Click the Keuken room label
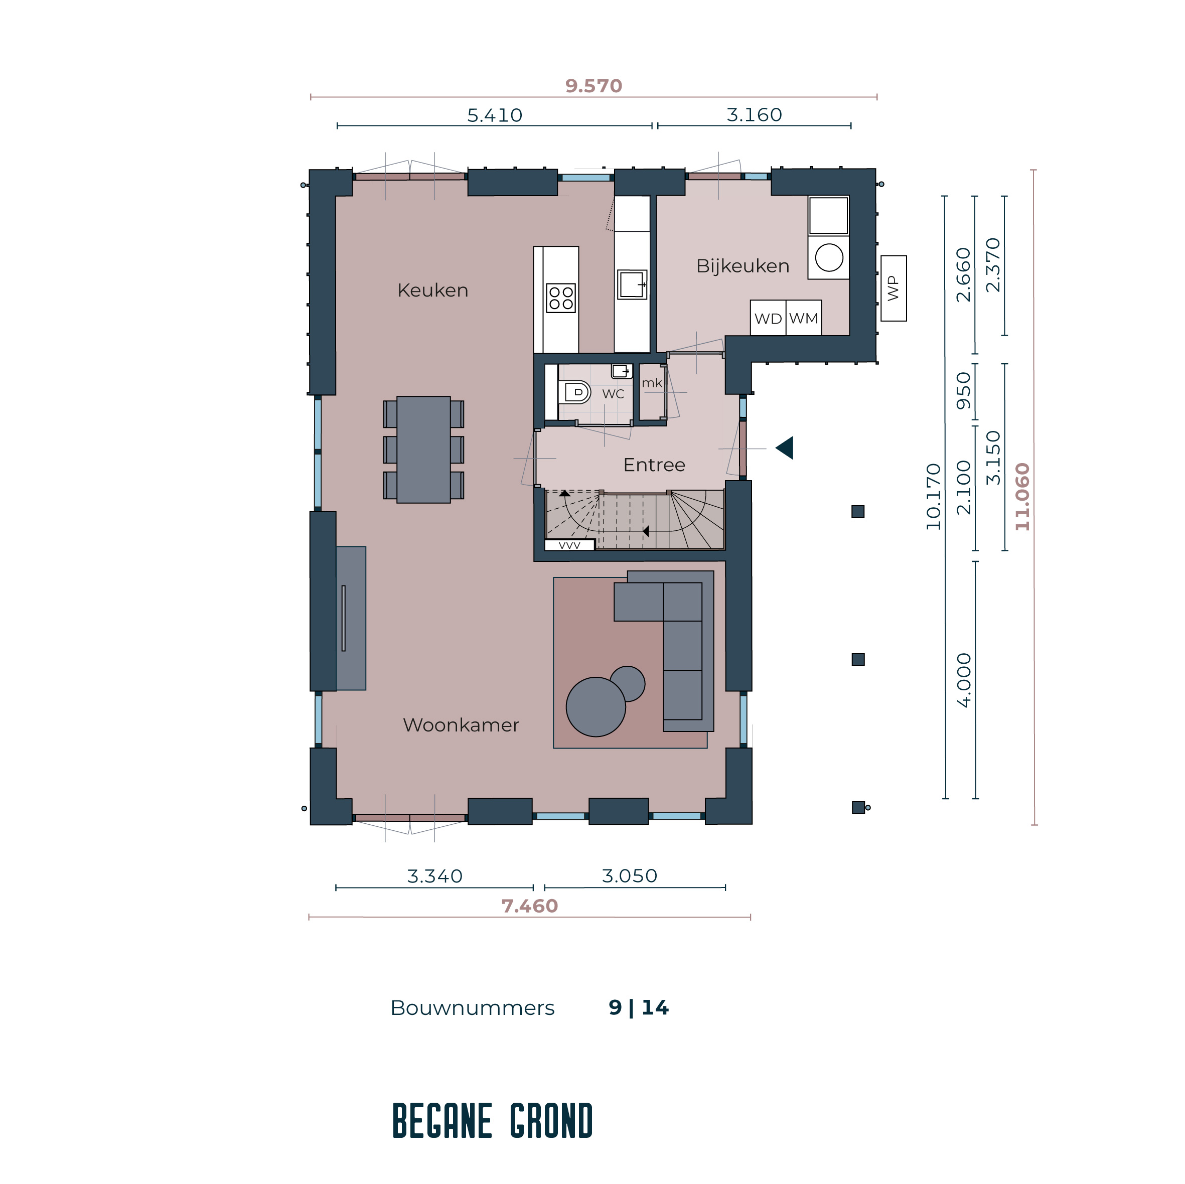click(x=432, y=290)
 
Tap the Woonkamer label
click(x=461, y=725)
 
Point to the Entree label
click(x=654, y=465)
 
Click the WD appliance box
click(x=768, y=318)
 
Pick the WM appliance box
click(x=804, y=318)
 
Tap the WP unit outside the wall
click(x=893, y=288)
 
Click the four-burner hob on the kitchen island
click(x=560, y=298)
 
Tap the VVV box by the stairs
click(x=569, y=545)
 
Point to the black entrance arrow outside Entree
click(x=785, y=448)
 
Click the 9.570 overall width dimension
click(x=593, y=86)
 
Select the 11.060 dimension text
click(x=1022, y=497)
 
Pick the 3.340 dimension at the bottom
click(x=434, y=876)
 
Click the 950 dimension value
click(x=964, y=391)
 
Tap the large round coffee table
click(x=596, y=707)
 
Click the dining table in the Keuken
click(x=423, y=450)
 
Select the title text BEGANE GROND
click(x=493, y=1121)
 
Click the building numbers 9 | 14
click(x=639, y=1008)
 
